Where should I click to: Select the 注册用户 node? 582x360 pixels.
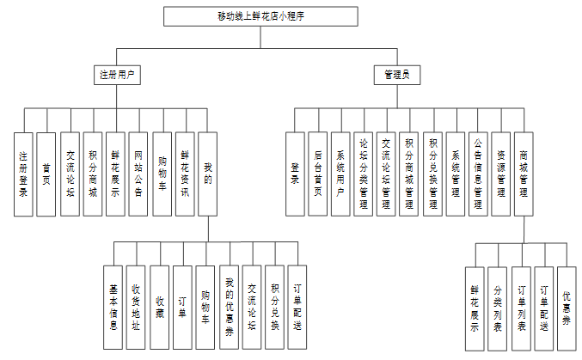coord(116,75)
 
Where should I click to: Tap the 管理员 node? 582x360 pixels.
coord(397,75)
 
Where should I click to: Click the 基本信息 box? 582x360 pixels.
coord(113,307)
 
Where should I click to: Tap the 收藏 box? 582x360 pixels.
coord(159,307)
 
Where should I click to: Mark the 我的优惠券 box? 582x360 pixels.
coord(229,307)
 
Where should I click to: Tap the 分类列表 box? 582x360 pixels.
coord(498,308)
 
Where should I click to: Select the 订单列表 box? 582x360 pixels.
coord(521,308)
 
